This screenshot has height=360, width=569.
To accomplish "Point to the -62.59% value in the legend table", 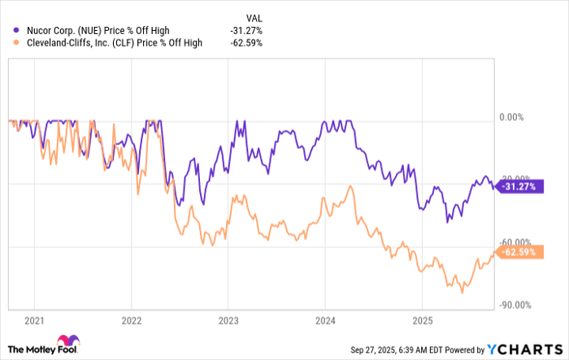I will click(245, 44).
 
